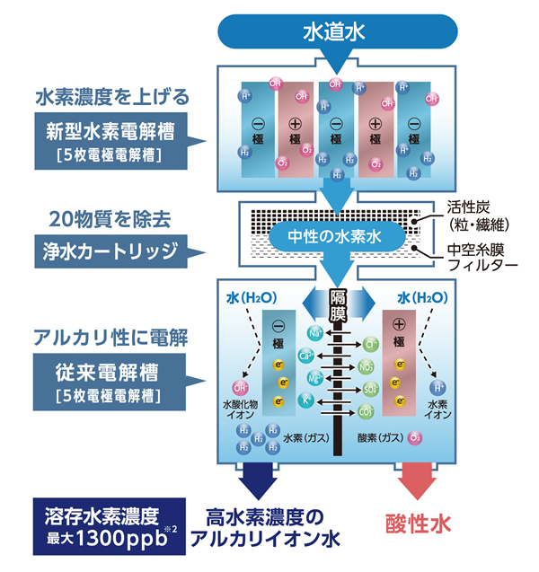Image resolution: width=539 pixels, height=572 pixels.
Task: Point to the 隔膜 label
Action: [x=338, y=304]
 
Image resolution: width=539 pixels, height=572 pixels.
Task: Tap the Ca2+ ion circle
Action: [x=305, y=356]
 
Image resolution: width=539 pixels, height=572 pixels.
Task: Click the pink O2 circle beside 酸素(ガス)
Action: [x=415, y=438]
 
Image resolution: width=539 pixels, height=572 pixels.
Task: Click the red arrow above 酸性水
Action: [x=414, y=480]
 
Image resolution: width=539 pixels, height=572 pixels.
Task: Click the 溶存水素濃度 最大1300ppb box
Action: [x=107, y=522]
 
